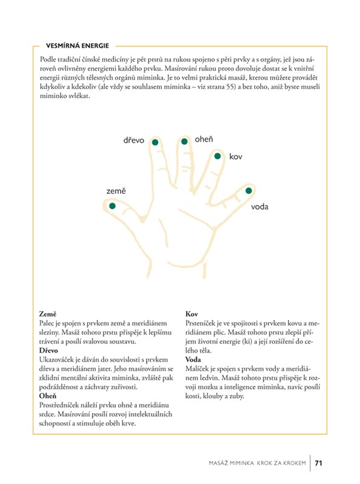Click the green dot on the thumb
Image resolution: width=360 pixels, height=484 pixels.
(x=112, y=206)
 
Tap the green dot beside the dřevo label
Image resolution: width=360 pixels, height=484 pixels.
(x=155, y=142)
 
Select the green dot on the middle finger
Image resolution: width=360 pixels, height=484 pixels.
(x=184, y=141)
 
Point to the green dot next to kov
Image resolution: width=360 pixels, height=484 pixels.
(x=218, y=156)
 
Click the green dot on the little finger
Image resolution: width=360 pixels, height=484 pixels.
(x=248, y=191)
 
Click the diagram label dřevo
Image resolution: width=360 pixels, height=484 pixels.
(x=134, y=141)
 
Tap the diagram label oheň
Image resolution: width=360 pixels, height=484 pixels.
(x=204, y=139)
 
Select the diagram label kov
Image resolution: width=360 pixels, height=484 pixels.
(x=236, y=157)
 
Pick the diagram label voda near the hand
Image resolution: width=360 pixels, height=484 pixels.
(x=259, y=207)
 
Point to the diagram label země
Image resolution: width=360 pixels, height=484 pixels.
(x=116, y=191)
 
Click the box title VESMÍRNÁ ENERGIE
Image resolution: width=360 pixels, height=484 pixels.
(x=78, y=45)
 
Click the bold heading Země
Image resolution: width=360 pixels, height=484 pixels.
(x=48, y=314)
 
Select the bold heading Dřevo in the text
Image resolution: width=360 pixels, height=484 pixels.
(x=48, y=351)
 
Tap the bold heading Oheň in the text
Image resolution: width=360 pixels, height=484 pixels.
(x=47, y=396)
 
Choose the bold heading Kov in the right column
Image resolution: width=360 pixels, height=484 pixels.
(x=192, y=314)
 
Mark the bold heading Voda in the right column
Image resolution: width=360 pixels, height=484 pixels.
(x=193, y=360)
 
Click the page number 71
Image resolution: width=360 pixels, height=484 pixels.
(x=318, y=463)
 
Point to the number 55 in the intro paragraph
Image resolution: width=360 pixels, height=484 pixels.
(x=230, y=87)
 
